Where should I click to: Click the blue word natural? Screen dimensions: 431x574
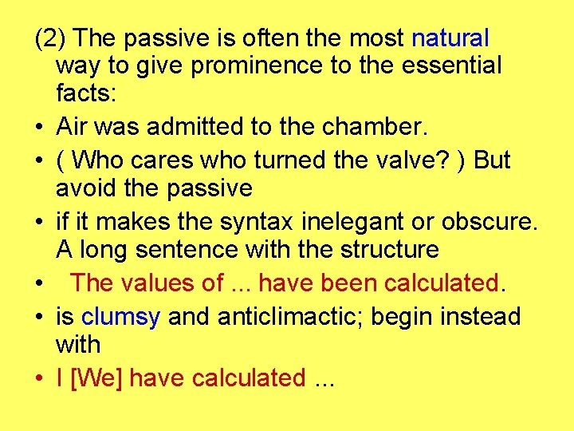click(450, 38)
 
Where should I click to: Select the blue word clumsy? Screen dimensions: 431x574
click(120, 316)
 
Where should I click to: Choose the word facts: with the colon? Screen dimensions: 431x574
click(86, 93)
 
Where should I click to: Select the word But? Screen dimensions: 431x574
click(492, 160)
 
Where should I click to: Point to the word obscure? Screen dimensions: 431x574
click(494, 220)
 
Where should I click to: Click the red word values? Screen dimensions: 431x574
click(158, 283)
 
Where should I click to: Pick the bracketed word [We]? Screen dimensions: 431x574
click(97, 378)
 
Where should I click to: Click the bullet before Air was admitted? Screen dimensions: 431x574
click(37, 128)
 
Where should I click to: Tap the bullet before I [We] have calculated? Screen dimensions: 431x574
click(37, 379)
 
